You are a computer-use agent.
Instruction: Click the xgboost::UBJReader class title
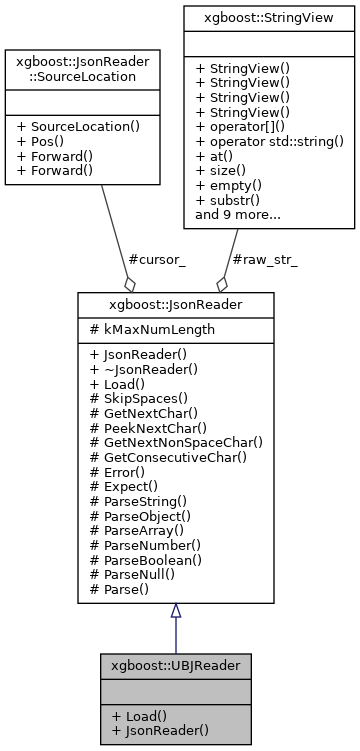175,662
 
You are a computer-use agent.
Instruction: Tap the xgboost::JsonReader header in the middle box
175,303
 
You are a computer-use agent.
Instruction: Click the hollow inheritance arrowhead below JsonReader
175,609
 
